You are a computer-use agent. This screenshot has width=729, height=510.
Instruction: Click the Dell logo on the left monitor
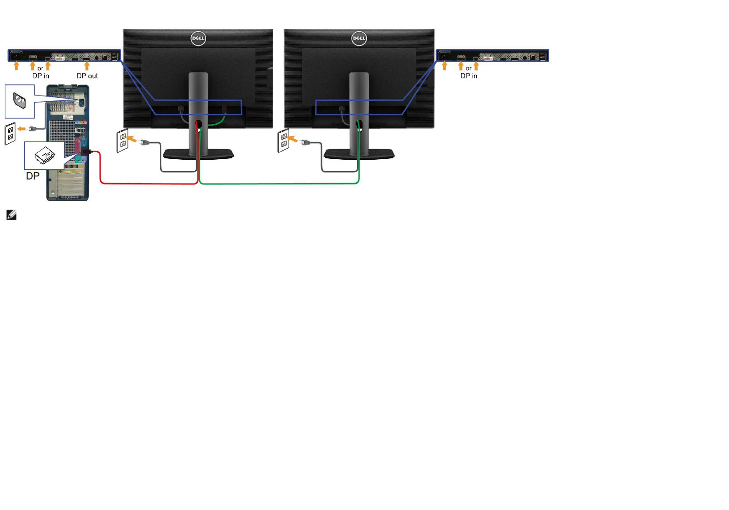[x=198, y=38]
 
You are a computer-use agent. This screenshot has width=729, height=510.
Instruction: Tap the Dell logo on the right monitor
[x=359, y=38]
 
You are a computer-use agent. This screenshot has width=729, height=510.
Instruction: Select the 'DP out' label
[x=87, y=76]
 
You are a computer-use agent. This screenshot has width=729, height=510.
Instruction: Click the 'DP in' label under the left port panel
[x=41, y=76]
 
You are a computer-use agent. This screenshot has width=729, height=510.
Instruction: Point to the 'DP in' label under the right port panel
[x=469, y=76]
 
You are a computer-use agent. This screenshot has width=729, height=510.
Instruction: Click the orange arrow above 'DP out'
[x=87, y=66]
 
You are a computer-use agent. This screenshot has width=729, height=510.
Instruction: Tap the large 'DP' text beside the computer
[x=33, y=176]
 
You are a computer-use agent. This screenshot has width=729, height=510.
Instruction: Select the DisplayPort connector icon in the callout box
[x=44, y=155]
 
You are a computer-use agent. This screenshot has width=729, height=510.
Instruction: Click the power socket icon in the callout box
[x=19, y=101]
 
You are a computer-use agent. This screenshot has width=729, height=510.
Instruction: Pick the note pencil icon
[x=12, y=215]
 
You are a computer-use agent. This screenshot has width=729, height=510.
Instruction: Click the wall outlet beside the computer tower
[x=10, y=134]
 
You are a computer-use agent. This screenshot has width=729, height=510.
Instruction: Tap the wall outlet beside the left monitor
[x=123, y=141]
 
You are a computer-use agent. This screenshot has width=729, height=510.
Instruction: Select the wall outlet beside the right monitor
[x=283, y=141]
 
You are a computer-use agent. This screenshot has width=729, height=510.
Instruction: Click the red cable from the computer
[x=146, y=183]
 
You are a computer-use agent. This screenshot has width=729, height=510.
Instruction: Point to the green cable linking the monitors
[x=279, y=183]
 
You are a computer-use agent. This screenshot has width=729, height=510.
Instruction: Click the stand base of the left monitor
[x=198, y=154]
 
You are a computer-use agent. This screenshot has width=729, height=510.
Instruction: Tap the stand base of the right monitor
[x=359, y=154]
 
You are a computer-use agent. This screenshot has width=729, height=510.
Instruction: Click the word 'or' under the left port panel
[x=40, y=69]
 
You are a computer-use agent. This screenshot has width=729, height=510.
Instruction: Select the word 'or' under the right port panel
[x=468, y=69]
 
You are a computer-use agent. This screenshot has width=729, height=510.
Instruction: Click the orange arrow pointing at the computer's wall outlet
[x=22, y=129]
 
